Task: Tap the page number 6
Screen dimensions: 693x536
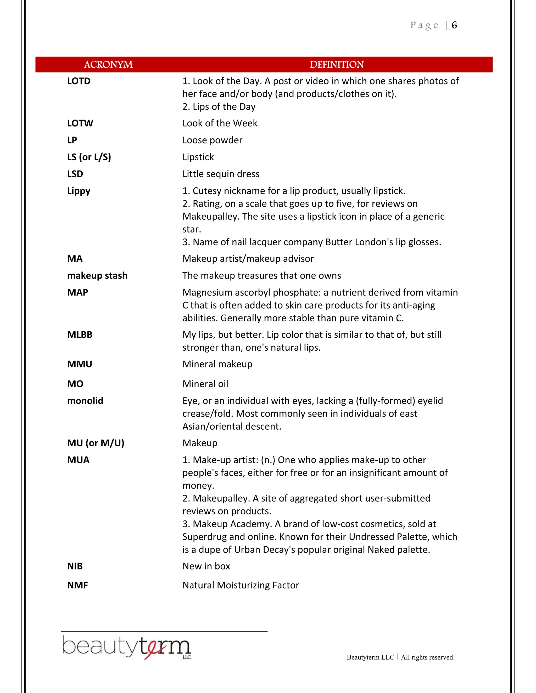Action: point(454,25)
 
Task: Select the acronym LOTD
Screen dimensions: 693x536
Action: point(79,81)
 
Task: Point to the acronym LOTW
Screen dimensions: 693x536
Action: point(80,123)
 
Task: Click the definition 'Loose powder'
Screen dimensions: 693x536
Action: point(212,140)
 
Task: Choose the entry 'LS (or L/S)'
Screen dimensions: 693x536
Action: point(89,157)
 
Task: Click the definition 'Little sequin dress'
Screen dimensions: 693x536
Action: point(221,174)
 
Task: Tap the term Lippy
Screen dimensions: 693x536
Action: point(79,191)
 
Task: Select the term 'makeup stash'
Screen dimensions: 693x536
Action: point(97,275)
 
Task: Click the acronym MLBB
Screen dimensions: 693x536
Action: point(80,335)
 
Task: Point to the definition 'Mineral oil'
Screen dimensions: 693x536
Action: point(205,384)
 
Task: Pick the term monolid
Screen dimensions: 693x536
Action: point(85,401)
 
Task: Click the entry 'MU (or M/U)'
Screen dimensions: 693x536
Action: point(96,443)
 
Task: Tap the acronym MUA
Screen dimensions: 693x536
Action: point(78,460)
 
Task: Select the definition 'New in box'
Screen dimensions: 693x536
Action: point(206,566)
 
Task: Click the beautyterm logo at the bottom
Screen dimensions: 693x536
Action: point(126,647)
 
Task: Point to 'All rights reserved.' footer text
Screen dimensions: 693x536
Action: point(427,657)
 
